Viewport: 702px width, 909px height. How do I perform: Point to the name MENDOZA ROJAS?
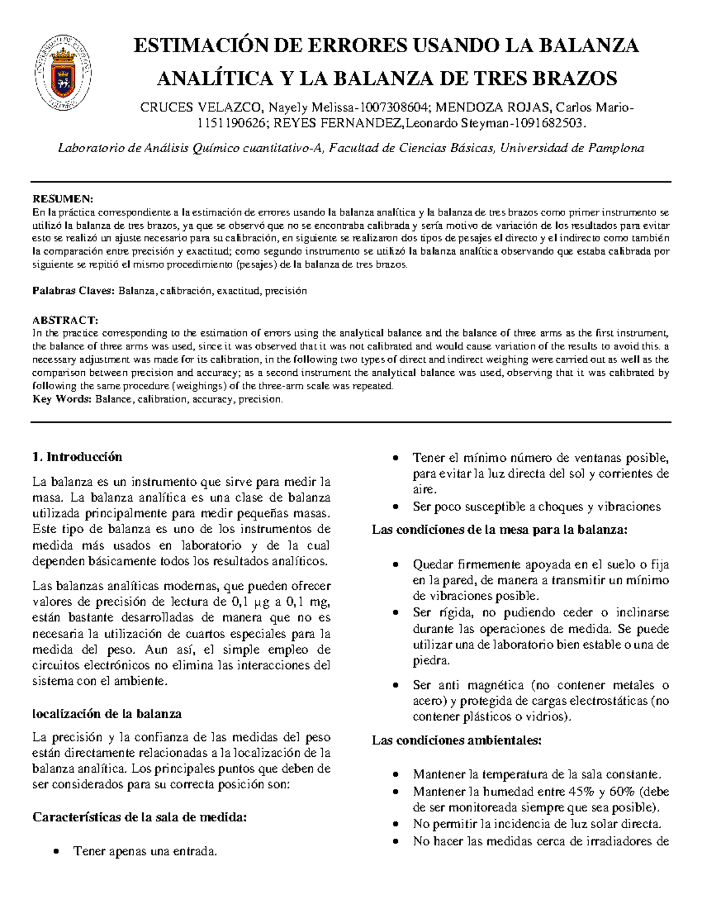493,107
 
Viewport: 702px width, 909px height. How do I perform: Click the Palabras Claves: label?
74,290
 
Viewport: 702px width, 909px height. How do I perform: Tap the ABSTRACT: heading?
65,320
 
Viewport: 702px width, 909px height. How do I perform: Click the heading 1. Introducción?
77,457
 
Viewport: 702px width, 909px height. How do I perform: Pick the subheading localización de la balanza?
107,714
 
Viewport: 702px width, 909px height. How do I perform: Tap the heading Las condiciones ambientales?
457,740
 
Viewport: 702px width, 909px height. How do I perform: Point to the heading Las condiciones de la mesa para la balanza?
500,530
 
